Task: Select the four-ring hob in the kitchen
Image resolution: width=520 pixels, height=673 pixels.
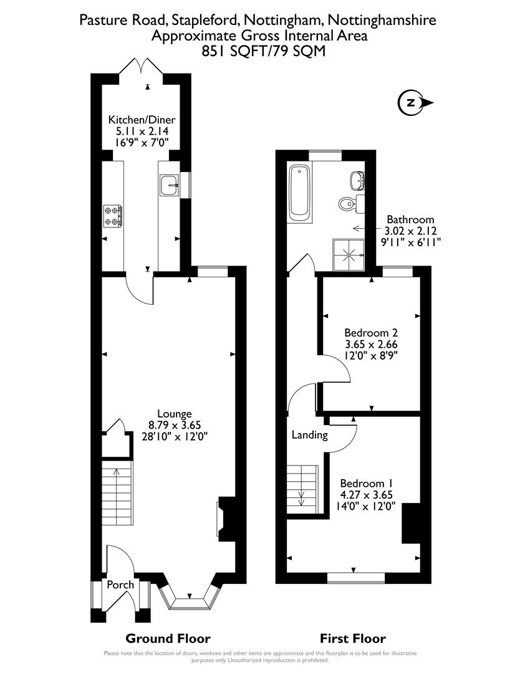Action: (113, 215)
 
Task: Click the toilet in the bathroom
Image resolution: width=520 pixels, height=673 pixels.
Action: (347, 203)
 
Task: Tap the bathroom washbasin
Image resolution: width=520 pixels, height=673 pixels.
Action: (358, 180)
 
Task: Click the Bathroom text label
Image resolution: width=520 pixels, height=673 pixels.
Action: (410, 219)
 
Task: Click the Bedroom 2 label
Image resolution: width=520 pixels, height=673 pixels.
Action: (371, 332)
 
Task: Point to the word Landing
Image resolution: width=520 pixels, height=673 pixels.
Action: (309, 435)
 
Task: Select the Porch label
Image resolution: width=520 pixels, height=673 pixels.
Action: (120, 585)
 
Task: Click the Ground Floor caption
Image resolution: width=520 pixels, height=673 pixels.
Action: (168, 638)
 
